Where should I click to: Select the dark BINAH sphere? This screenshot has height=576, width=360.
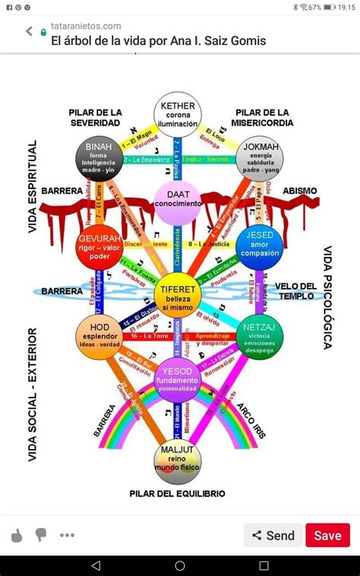click(99, 157)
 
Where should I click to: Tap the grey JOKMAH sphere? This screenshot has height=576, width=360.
click(259, 157)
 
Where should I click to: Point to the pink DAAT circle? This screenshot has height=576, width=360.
click(178, 199)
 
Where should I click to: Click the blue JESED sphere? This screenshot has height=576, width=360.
click(259, 245)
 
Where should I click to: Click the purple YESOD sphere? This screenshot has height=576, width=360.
click(177, 380)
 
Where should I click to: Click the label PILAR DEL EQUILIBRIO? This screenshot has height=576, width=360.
click(177, 493)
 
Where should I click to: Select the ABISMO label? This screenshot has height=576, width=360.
click(300, 191)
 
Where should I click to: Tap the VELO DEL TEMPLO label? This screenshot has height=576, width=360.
click(296, 291)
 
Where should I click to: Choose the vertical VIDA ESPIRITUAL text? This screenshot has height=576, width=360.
click(33, 176)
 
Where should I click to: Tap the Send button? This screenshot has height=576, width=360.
click(273, 535)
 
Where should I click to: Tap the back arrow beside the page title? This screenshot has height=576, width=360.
click(30, 32)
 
